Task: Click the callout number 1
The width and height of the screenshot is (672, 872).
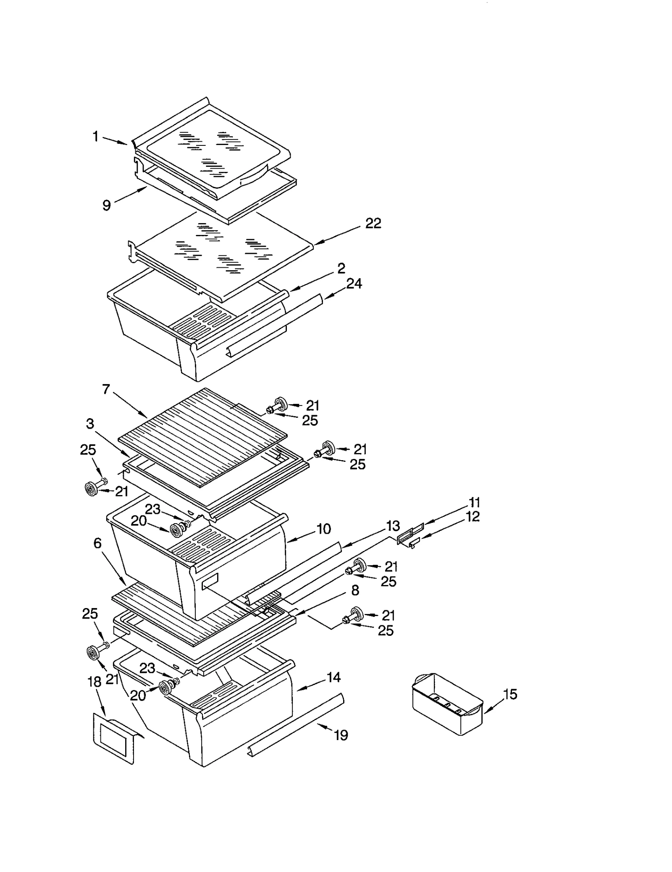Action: click(x=95, y=137)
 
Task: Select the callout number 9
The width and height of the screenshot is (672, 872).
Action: click(x=107, y=205)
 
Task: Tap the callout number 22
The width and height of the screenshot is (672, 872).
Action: click(x=373, y=223)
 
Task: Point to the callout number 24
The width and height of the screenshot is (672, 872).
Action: click(x=354, y=284)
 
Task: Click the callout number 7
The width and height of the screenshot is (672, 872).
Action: click(x=106, y=389)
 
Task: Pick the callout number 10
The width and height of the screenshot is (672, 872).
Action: click(x=323, y=529)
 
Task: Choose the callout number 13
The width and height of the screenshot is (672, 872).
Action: click(x=393, y=526)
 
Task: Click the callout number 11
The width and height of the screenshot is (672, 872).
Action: click(x=474, y=502)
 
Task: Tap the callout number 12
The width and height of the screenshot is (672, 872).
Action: click(x=473, y=516)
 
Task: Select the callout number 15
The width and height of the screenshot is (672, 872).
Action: click(x=510, y=694)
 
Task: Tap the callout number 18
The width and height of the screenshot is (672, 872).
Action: click(x=94, y=682)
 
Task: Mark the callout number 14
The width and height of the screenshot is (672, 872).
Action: click(x=333, y=677)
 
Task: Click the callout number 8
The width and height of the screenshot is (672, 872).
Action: click(x=355, y=590)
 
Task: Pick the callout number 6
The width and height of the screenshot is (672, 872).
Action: click(x=97, y=543)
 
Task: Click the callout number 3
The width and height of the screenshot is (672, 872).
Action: click(x=90, y=424)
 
